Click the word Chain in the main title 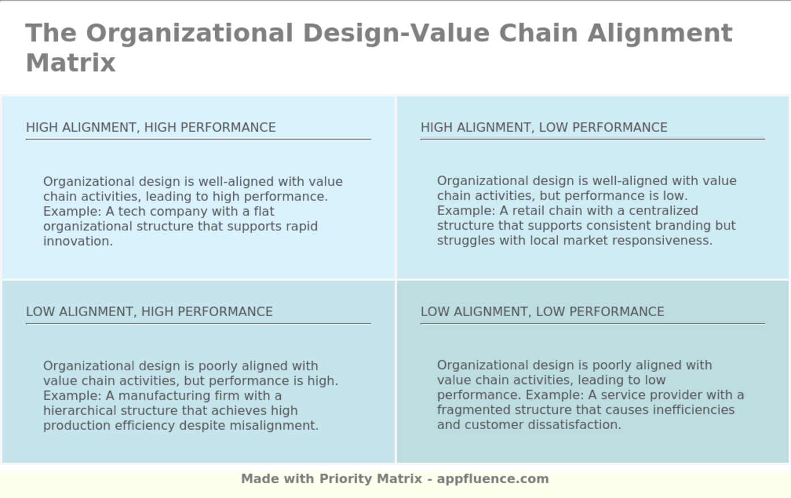[538, 33]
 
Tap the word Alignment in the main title [660, 33]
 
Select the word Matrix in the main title [71, 63]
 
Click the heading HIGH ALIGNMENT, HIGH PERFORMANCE [151, 128]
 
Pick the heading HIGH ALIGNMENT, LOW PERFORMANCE [544, 128]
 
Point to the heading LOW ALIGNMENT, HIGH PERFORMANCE [149, 312]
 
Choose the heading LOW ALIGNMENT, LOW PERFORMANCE [542, 312]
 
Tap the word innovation [78, 241]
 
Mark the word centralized [663, 211]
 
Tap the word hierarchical [80, 410]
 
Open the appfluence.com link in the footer [493, 479]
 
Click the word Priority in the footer [346, 479]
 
